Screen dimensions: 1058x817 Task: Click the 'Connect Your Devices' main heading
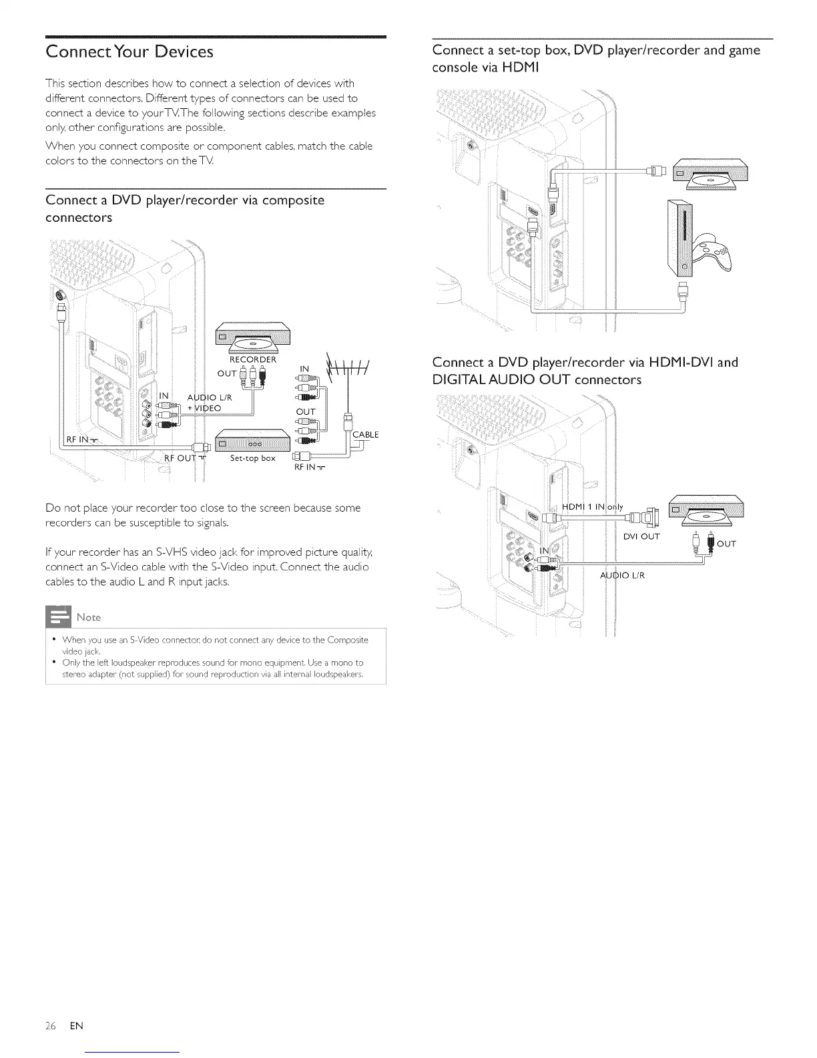coord(129,51)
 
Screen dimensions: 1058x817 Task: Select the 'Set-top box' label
coord(252,458)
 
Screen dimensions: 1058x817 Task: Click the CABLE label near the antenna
coord(365,435)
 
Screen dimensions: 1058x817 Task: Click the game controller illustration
coord(712,251)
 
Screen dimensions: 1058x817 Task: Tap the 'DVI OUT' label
coord(641,536)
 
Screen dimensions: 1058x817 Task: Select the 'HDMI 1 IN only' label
coord(593,507)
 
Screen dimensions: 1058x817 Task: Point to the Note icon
coord(57,616)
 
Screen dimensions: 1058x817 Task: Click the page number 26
coord(51,1025)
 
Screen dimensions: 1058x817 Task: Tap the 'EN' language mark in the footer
coord(76,1025)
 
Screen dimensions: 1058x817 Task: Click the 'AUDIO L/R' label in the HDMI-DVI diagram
coord(622,575)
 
